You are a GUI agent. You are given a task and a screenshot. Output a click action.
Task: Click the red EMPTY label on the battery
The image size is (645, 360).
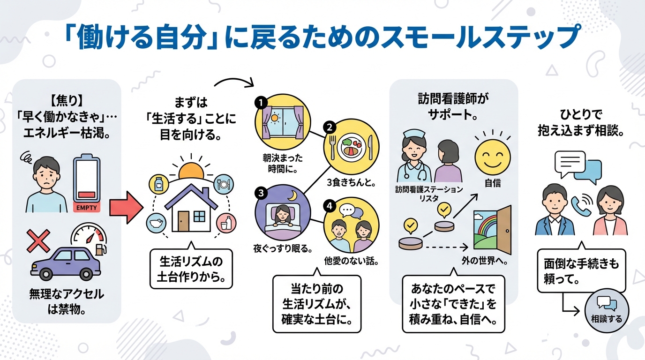(x=87, y=207)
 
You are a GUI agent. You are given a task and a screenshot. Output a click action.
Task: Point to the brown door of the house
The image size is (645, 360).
(x=183, y=220)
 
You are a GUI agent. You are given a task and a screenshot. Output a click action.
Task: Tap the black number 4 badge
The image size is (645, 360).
(x=330, y=207)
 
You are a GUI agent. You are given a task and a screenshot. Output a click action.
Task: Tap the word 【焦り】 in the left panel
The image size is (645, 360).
(x=66, y=100)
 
